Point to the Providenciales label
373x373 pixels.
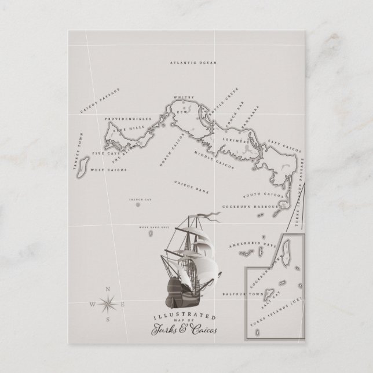[128, 118]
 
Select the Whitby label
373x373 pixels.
[185, 98]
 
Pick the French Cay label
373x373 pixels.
[138, 199]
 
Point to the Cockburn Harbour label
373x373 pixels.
[248, 206]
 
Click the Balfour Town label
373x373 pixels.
[239, 294]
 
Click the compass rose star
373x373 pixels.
[108, 302]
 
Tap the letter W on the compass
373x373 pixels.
[93, 304]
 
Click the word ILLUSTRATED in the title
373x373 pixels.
[178, 318]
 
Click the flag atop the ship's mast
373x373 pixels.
[212, 218]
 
